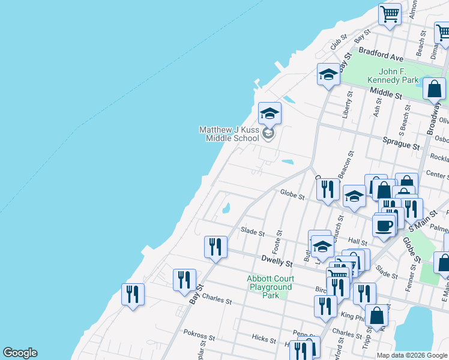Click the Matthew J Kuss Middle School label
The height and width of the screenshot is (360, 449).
(x=229, y=134)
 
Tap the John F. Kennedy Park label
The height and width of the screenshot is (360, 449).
(x=393, y=76)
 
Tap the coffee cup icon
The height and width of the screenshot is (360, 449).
(x=384, y=226)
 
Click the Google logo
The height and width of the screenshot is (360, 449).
(x=20, y=353)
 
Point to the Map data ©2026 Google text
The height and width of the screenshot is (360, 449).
(x=412, y=355)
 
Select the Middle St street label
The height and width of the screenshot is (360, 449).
(x=385, y=93)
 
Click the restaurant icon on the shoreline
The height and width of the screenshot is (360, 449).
(x=133, y=294)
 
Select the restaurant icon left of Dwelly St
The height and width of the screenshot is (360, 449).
(x=215, y=246)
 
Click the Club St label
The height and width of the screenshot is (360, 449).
(x=339, y=43)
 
